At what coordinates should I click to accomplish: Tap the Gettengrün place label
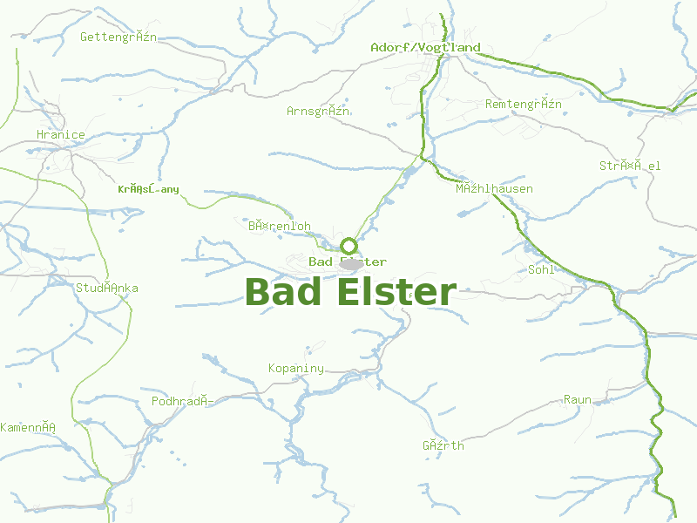[118, 37]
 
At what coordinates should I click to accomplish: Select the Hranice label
[61, 134]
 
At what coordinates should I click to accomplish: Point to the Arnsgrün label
[318, 111]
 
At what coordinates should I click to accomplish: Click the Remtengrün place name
[523, 105]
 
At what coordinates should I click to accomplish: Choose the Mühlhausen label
[494, 188]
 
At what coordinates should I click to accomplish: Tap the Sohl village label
[541, 269]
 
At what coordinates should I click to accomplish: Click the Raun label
[577, 400]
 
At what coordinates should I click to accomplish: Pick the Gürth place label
[443, 445]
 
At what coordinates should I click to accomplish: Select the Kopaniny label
[296, 368]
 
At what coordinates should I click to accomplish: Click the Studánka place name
[107, 288]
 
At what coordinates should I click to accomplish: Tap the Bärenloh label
[279, 226]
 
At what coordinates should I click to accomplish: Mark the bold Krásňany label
[148, 188]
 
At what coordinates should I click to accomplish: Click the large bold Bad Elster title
[350, 292]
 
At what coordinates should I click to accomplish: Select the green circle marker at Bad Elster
[348, 246]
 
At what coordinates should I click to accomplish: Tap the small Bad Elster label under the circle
[348, 261]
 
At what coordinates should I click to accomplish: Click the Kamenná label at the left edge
[28, 427]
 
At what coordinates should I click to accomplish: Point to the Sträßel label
[630, 166]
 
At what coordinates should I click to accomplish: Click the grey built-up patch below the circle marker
[351, 263]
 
